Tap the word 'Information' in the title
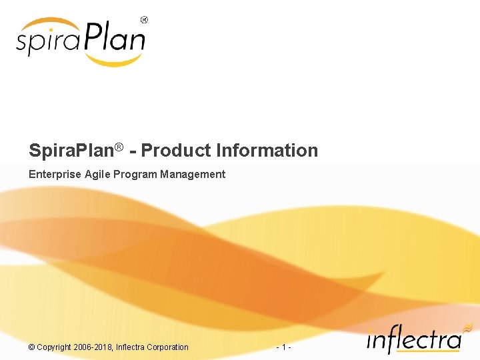point(267,151)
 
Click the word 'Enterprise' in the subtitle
point(55,175)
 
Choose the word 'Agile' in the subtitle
point(99,175)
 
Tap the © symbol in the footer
point(31,347)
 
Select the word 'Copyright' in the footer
point(55,347)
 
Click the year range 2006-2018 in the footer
point(93,347)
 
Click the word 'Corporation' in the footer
point(168,347)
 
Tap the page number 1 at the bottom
point(284,347)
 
